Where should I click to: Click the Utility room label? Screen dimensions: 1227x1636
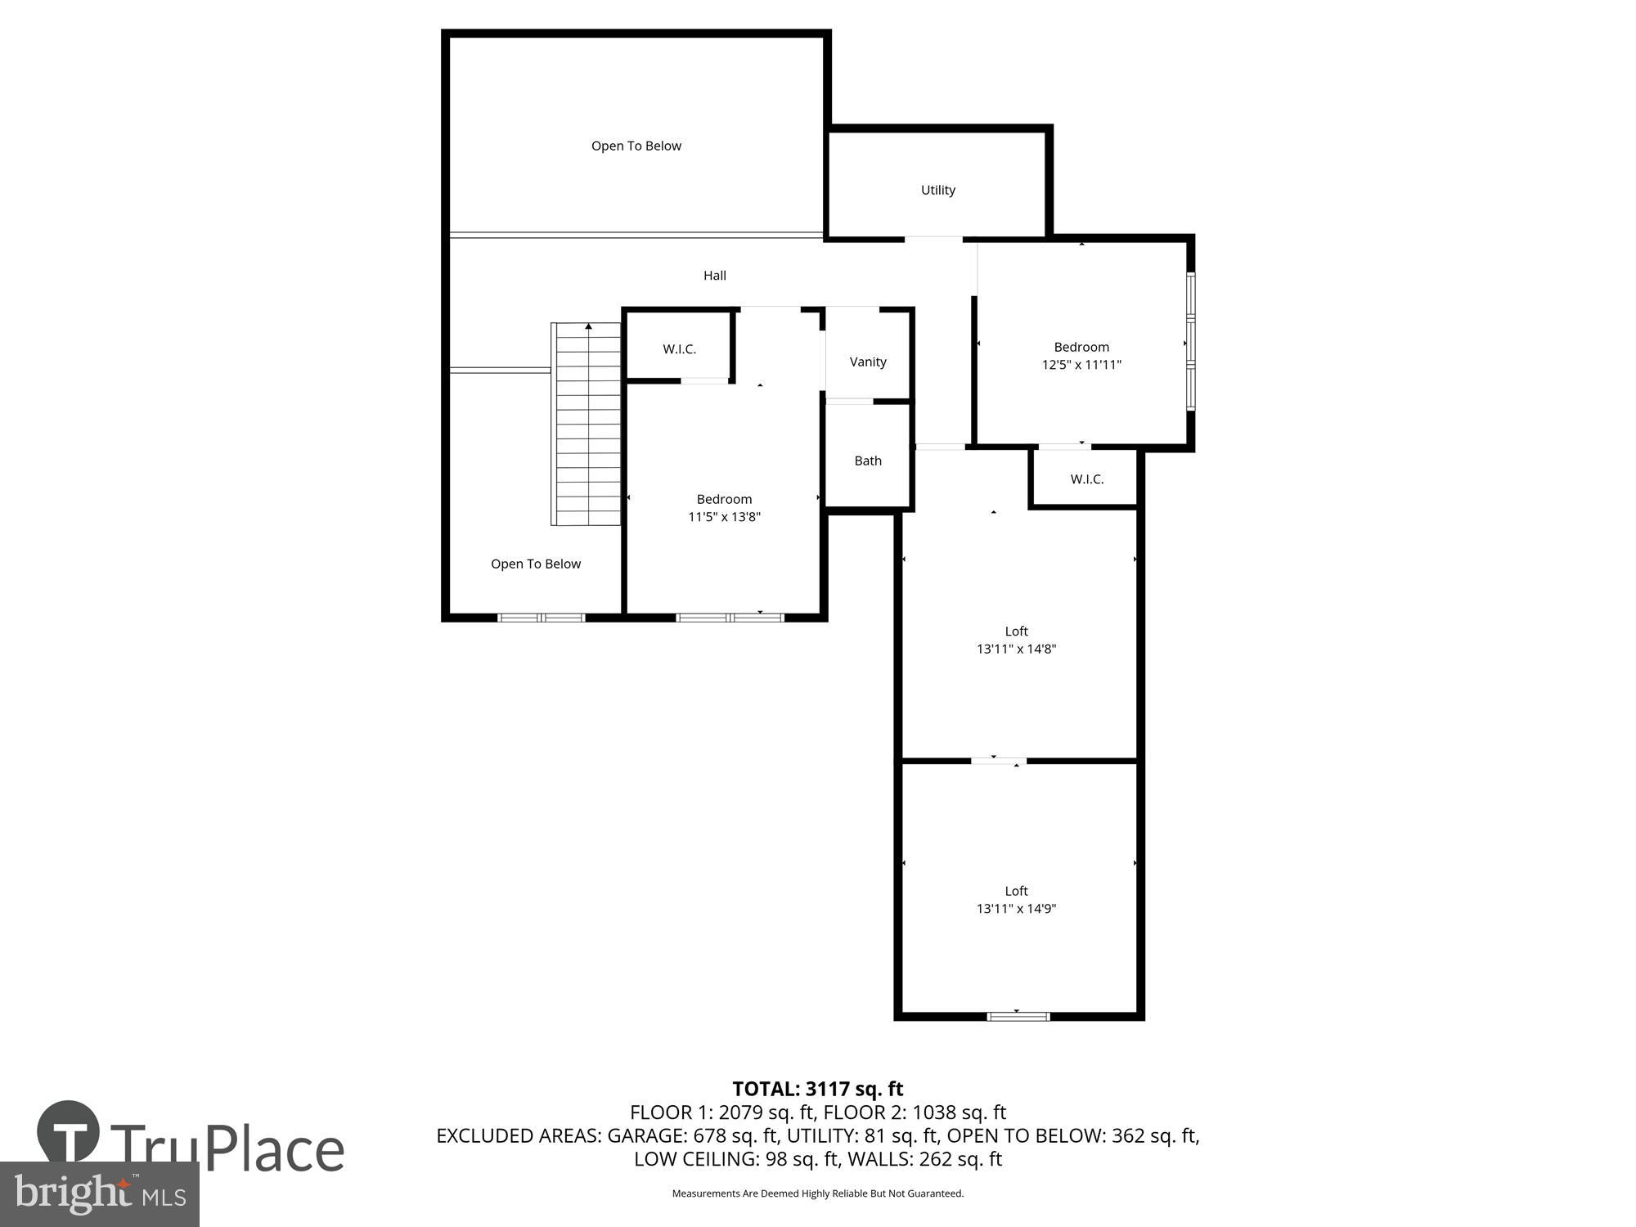tap(937, 190)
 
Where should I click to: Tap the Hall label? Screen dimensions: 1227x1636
tap(714, 276)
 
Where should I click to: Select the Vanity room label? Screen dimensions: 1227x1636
tap(867, 362)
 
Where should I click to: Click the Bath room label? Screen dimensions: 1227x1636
tap(867, 461)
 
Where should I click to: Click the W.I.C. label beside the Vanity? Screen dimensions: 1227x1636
tap(679, 349)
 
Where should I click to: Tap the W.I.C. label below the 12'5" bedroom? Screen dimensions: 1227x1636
tap(1086, 479)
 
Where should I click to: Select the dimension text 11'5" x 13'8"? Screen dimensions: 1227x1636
tap(724, 517)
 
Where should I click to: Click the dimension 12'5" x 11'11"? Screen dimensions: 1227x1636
tap(1081, 365)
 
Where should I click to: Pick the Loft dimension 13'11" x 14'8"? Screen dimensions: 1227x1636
tap(1016, 649)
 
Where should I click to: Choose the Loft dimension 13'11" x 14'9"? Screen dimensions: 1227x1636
tap(1016, 908)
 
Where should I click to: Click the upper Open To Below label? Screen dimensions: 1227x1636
tap(636, 146)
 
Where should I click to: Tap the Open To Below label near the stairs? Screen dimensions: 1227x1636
tap(535, 564)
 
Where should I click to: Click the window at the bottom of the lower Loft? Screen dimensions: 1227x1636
tap(1018, 1016)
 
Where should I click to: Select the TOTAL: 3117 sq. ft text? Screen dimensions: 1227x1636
tap(817, 1089)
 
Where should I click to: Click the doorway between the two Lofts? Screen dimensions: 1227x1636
tap(998, 761)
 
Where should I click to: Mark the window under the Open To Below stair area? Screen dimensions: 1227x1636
tap(542, 617)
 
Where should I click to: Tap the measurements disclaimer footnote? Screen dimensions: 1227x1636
tap(817, 1193)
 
